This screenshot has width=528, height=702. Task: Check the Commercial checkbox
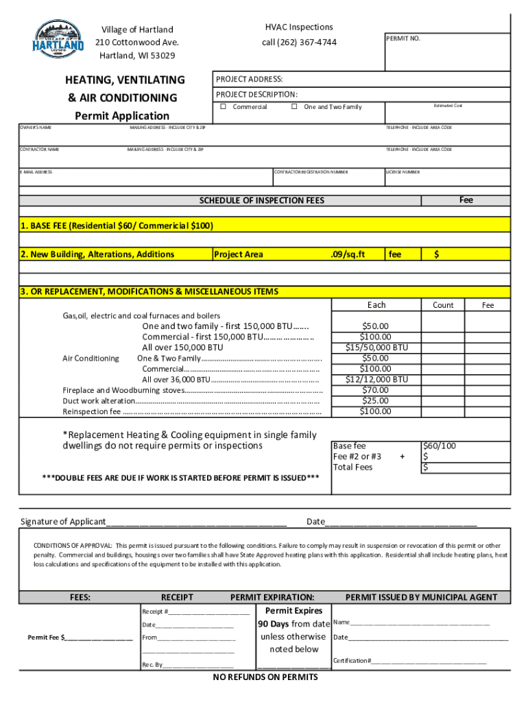point(224,107)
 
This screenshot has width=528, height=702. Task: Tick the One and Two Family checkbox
point(294,107)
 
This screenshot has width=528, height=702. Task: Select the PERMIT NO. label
point(404,38)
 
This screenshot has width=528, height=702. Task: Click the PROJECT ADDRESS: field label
point(250,80)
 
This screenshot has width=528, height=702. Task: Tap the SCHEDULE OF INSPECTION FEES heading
point(261,201)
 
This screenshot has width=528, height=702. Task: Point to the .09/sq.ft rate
point(348,254)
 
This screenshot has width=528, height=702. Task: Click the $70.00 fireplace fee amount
point(376,390)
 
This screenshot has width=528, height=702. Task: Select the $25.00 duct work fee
point(376,401)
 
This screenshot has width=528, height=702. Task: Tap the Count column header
point(443,305)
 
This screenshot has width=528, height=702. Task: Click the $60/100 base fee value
point(440,446)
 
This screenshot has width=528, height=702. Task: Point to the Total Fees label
point(352,468)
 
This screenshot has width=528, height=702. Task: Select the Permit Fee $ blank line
point(99,638)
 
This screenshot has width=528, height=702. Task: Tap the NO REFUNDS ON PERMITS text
point(265,677)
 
